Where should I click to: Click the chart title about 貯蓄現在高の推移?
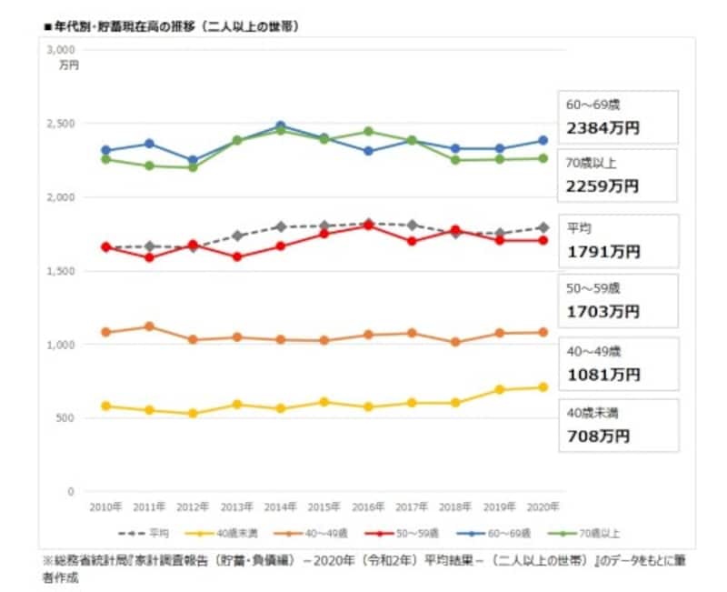coord(173,27)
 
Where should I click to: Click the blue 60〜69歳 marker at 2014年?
coord(280,125)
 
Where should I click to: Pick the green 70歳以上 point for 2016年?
coord(367,131)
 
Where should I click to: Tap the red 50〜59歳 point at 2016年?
coord(367,225)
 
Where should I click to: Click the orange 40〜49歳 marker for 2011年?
coord(149,326)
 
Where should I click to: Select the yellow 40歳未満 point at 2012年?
coord(193,413)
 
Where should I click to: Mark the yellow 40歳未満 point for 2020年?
coord(543,387)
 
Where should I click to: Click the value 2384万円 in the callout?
coord(603,128)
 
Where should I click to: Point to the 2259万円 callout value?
coord(603,186)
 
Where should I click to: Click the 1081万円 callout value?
coord(603,374)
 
